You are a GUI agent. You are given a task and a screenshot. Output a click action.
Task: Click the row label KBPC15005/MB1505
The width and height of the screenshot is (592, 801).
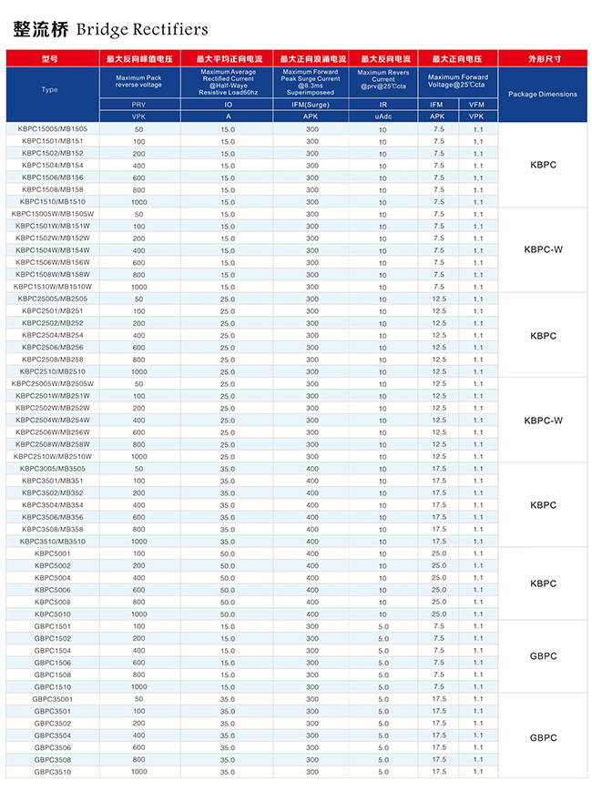pos(53,129)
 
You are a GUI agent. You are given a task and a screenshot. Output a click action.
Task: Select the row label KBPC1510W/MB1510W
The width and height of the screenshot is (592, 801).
pos(53,287)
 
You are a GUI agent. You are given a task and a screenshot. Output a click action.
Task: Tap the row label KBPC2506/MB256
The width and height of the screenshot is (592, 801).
pos(53,347)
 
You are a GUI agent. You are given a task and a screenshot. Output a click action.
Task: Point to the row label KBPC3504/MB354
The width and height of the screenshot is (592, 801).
pos(53,505)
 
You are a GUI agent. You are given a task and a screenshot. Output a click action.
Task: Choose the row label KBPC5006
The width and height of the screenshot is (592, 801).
pos(53,590)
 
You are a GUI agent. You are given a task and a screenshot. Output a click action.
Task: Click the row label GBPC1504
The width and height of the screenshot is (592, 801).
pos(53,651)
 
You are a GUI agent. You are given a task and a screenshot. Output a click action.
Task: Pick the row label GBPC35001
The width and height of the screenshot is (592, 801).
pos(53,699)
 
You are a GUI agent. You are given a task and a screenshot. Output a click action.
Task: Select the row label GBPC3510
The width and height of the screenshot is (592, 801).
pos(53,772)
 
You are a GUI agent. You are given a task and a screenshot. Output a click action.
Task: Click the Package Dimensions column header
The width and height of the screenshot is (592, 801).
pos(542,95)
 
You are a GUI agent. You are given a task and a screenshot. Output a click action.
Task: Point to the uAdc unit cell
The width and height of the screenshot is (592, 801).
pos(383,117)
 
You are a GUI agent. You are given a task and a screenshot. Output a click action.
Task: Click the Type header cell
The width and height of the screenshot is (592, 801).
pos(50,90)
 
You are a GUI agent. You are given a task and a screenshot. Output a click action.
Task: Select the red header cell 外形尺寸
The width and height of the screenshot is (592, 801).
pos(543,58)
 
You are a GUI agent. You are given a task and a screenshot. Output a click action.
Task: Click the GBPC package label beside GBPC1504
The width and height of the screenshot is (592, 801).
pos(543,656)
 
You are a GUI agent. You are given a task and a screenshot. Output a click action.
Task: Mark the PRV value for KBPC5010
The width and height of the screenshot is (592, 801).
pos(139,614)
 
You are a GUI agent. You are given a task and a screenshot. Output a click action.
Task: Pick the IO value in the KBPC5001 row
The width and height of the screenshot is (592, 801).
pos(227,553)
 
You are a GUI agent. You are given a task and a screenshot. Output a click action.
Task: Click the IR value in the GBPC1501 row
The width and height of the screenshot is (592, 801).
pos(383,626)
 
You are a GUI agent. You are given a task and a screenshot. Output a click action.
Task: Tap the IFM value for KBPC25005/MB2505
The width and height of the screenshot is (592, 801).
pos(439,299)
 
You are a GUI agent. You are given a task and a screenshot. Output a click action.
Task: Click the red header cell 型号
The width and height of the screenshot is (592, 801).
pos(50,58)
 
